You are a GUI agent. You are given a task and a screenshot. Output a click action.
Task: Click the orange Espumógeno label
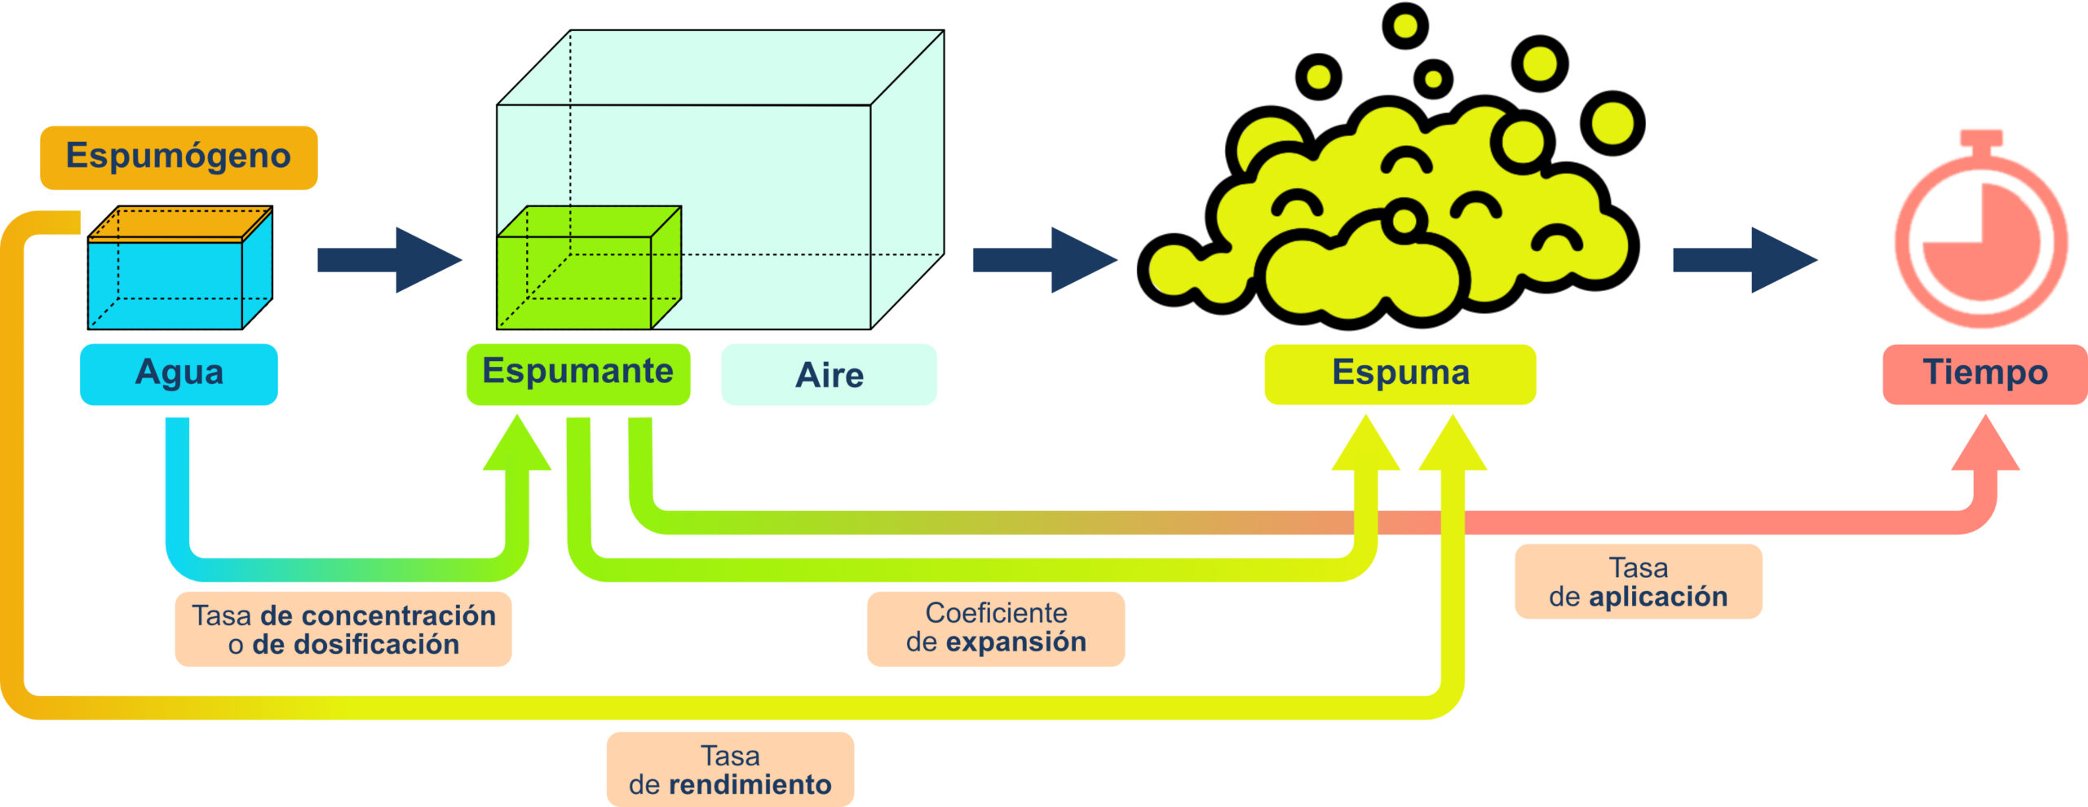click(179, 157)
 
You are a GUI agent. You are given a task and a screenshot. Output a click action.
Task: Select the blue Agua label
click(179, 374)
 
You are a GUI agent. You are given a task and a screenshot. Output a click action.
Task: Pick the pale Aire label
click(829, 375)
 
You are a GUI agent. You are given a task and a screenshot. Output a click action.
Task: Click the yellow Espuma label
click(1400, 374)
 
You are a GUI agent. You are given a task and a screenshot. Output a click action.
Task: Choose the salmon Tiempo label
click(1984, 374)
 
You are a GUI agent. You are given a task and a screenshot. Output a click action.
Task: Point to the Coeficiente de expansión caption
click(995, 628)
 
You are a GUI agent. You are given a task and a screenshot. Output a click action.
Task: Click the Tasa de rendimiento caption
click(730, 770)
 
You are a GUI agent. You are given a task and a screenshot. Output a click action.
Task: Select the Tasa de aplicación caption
click(1638, 581)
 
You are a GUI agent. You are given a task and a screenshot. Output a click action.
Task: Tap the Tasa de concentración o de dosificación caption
click(343, 629)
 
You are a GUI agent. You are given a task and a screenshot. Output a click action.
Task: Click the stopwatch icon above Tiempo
click(1981, 240)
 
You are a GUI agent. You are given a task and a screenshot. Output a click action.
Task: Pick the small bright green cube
click(588, 269)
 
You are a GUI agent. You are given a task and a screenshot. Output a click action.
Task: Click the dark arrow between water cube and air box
click(389, 260)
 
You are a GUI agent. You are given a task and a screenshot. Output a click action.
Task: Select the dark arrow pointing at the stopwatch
click(1745, 260)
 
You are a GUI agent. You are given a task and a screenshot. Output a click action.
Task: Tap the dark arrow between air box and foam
click(1044, 260)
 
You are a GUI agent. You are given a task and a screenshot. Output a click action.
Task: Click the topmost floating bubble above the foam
click(1405, 25)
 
